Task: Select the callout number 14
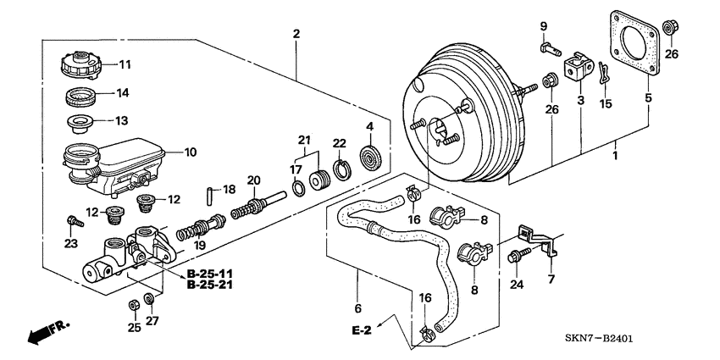pyautogui.click(x=123, y=92)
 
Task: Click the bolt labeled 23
pyautogui.click(x=73, y=222)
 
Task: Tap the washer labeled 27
pyautogui.click(x=149, y=298)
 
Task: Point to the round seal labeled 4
pyautogui.click(x=370, y=158)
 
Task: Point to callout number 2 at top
pyautogui.click(x=296, y=34)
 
